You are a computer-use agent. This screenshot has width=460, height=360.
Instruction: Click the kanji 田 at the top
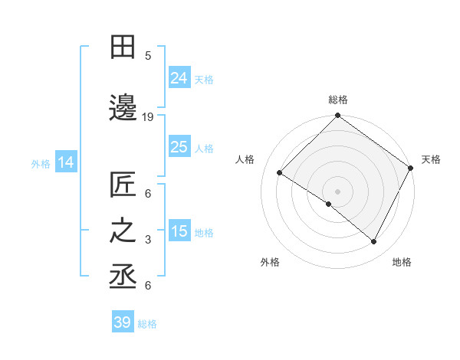click(123, 47)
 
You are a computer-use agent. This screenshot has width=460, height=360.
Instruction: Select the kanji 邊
click(123, 108)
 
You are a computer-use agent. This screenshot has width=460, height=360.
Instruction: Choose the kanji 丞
click(123, 277)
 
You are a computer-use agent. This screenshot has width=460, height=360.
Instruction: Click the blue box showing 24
click(179, 78)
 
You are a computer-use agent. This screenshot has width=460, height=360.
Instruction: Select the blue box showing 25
click(179, 148)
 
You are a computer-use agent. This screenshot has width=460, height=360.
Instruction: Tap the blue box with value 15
click(179, 232)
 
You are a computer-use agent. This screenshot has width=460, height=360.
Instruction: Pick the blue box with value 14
click(65, 162)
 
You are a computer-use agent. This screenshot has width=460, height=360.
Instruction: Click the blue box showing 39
click(123, 322)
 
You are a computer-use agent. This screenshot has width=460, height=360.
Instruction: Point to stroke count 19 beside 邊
click(148, 117)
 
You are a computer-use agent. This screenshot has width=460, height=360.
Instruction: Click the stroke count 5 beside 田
click(148, 55)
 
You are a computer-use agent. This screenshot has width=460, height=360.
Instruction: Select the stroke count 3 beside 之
click(148, 240)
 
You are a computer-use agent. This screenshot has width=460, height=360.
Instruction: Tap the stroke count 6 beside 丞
click(148, 286)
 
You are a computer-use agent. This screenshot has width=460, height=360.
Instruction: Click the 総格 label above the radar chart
click(337, 100)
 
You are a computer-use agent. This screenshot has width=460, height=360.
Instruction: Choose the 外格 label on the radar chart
click(270, 262)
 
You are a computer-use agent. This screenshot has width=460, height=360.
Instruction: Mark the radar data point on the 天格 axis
click(411, 168)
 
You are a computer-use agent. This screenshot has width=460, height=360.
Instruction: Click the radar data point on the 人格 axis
click(280, 173)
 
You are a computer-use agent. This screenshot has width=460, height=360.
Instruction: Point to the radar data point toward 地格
click(374, 242)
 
